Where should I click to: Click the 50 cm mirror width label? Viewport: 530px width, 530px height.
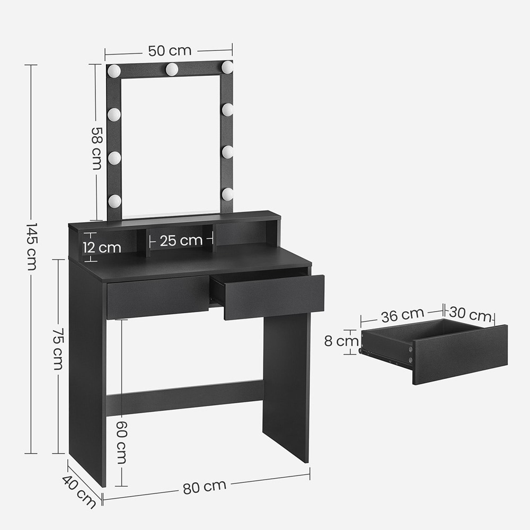coord(170,51)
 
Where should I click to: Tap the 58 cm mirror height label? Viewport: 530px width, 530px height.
coord(96,148)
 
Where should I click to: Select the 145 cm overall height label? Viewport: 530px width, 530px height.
coord(31,246)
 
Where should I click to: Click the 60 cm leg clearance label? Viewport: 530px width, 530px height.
coord(121,443)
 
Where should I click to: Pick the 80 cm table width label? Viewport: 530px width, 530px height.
coord(205,487)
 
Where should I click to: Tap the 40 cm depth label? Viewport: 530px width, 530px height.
coord(79,491)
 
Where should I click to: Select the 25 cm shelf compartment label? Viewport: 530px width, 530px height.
coord(181,241)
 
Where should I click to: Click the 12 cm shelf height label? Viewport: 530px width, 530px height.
coord(102,248)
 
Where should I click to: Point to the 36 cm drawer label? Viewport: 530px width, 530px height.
coord(402,315)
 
